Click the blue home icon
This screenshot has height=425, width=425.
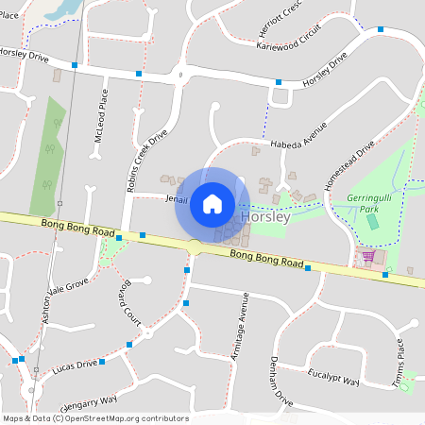tap(212, 204)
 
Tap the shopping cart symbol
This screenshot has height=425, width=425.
tap(368, 255)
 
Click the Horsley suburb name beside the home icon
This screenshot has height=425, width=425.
tap(265, 216)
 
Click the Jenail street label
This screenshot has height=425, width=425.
tap(177, 200)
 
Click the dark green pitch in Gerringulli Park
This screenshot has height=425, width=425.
tap(371, 221)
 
